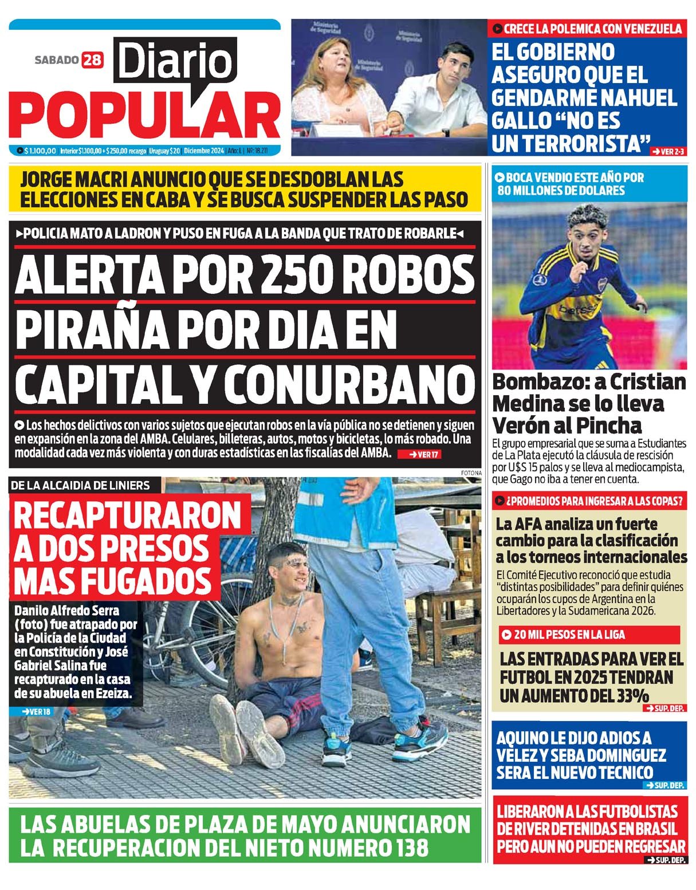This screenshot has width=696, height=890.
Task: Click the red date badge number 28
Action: [92, 60]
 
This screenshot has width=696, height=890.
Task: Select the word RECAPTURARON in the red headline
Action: [127, 515]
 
